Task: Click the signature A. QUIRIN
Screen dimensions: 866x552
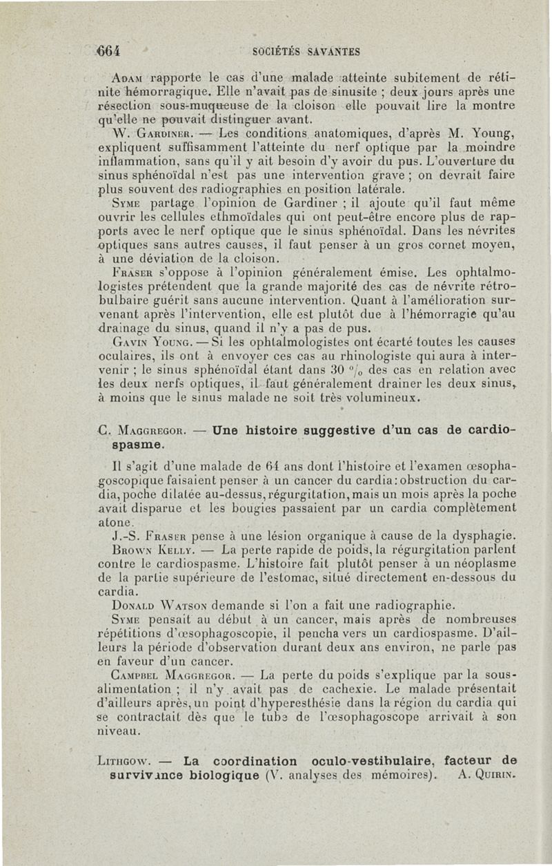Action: [x=488, y=775]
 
